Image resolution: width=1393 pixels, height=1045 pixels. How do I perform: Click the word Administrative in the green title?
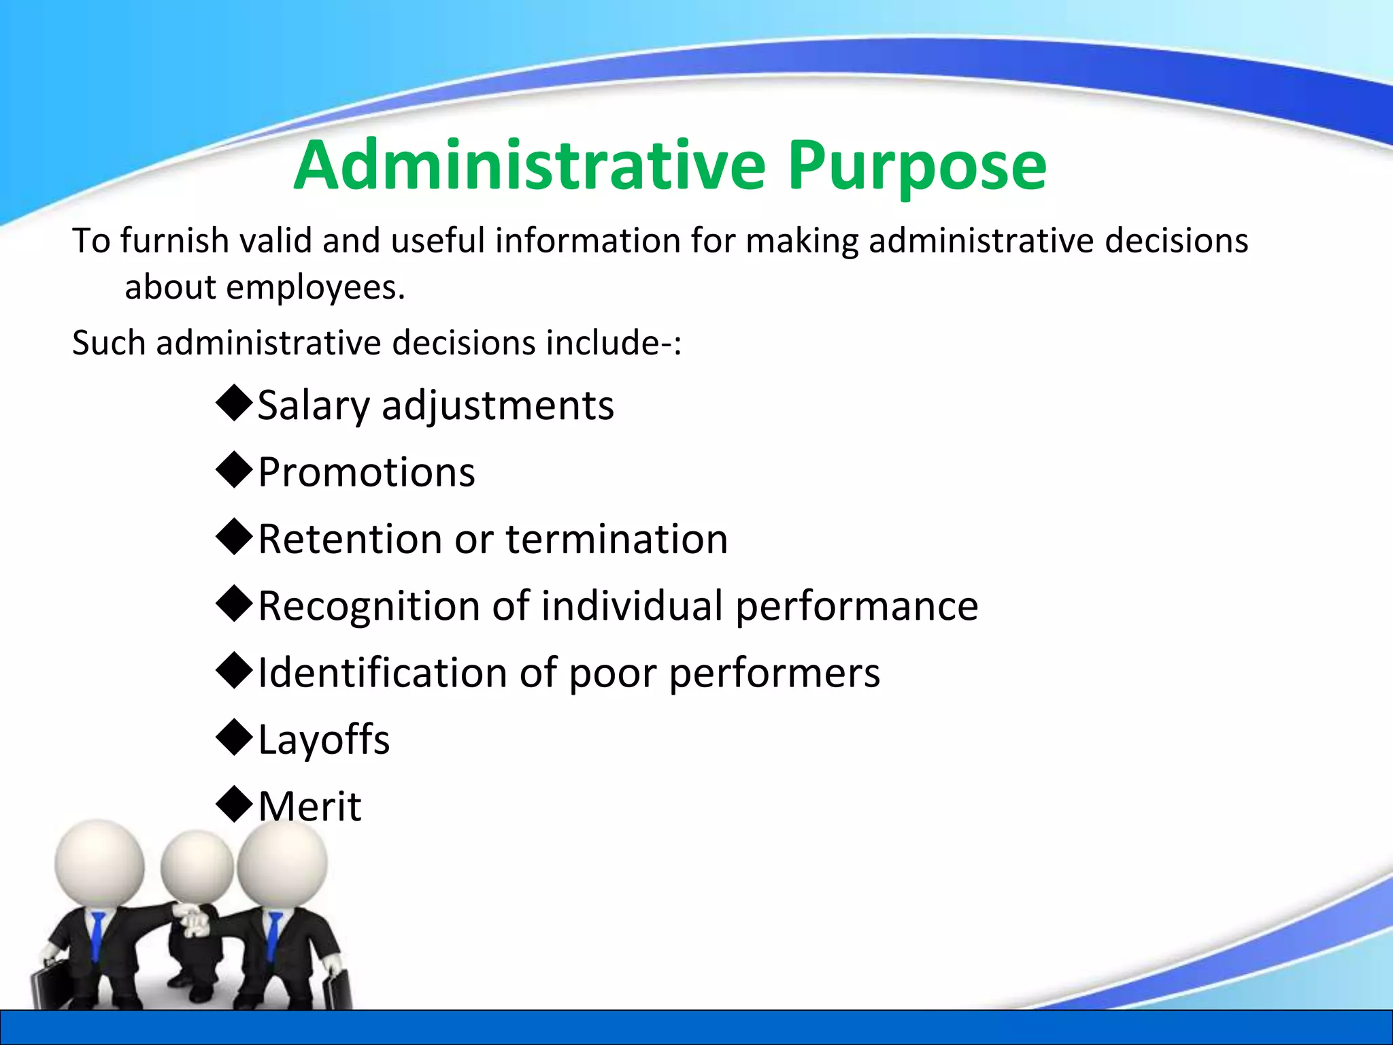click(530, 165)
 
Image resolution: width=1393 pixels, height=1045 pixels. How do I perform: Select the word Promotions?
click(367, 472)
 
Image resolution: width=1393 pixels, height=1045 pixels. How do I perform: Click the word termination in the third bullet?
click(617, 539)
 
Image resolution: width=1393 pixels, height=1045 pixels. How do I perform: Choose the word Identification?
click(382, 673)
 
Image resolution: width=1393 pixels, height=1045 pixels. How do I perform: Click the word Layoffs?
click(324, 740)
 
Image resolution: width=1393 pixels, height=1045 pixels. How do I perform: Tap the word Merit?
click(309, 806)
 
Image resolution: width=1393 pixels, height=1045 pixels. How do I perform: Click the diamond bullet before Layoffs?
click(234, 737)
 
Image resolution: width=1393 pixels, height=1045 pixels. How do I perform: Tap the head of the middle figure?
click(197, 867)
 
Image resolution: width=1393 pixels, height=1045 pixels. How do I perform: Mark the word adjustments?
click(497, 405)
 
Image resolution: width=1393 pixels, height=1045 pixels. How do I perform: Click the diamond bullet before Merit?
click(234, 804)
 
